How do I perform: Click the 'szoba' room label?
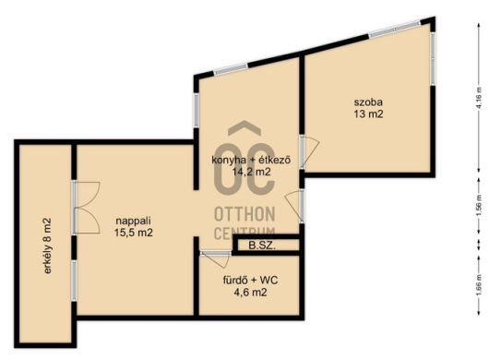tap(368, 102)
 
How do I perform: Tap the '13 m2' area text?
tap(368, 114)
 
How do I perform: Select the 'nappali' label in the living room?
tap(133, 221)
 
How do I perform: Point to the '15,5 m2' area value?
tap(134, 233)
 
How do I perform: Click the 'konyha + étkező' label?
tap(251, 160)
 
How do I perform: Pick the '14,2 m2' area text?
tap(251, 172)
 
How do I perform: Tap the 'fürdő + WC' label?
tap(250, 280)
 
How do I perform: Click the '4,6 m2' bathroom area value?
tap(250, 293)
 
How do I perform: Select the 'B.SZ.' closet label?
tap(262, 246)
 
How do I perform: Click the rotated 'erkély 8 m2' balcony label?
tap(47, 246)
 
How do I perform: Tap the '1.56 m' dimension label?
tap(480, 206)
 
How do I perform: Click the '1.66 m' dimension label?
tap(480, 285)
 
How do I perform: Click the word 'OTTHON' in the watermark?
tap(244, 214)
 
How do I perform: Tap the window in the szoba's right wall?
tap(433, 58)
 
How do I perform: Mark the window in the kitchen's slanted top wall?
tap(231, 69)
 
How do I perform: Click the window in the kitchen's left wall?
tap(197, 110)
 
